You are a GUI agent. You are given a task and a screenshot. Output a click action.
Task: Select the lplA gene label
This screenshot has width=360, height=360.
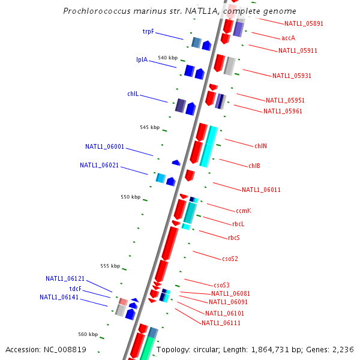[x=142, y=59]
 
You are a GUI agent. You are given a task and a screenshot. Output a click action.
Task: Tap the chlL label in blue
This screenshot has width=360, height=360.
[x=133, y=94]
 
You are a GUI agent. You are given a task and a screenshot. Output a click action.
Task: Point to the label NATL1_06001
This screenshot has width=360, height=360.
[x=104, y=146]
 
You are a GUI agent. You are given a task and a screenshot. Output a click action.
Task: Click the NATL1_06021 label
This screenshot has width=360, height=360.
[x=99, y=165]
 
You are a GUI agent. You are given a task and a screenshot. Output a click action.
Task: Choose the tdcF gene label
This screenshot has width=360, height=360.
[x=76, y=289]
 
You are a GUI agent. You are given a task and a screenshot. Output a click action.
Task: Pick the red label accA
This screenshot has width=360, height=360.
[x=288, y=38]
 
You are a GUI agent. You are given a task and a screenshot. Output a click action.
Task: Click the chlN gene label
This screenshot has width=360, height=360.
[x=260, y=146]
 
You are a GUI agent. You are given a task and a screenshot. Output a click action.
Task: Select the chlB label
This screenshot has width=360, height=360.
[x=254, y=166]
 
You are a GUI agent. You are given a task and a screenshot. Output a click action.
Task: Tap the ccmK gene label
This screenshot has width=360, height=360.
[x=243, y=211]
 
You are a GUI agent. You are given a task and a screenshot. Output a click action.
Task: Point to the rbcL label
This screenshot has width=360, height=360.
[x=238, y=224]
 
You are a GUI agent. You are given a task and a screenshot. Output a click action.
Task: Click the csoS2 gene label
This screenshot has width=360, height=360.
[x=230, y=259]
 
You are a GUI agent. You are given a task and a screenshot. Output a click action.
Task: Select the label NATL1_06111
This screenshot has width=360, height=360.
[x=221, y=323]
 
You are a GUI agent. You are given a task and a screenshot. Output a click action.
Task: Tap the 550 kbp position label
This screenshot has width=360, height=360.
[x=130, y=197]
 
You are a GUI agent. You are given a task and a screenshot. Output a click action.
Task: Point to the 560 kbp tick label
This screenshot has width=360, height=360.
[x=88, y=334]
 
